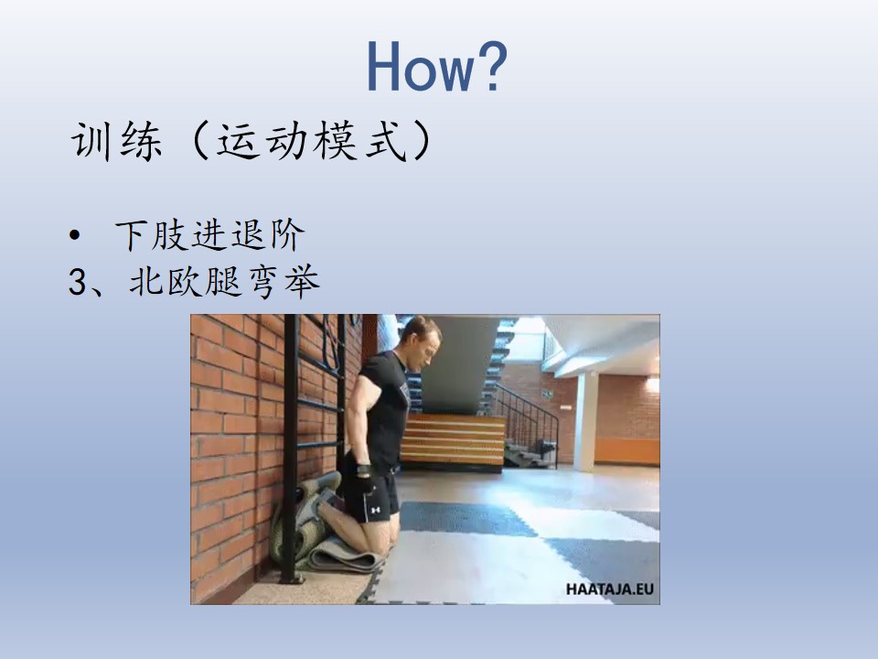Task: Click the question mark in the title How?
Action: [488, 66]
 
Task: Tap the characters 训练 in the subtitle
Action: [116, 141]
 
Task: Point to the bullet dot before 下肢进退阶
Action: [74, 236]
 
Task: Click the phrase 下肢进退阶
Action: [210, 235]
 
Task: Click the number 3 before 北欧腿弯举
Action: [78, 281]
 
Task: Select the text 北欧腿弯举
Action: [224, 281]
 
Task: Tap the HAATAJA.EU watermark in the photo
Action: [609, 589]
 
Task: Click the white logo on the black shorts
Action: [375, 510]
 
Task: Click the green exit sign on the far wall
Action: [547, 394]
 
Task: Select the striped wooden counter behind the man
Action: [453, 441]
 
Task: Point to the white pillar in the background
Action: [585, 420]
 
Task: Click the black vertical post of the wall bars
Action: [291, 448]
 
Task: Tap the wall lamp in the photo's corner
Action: [652, 384]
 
